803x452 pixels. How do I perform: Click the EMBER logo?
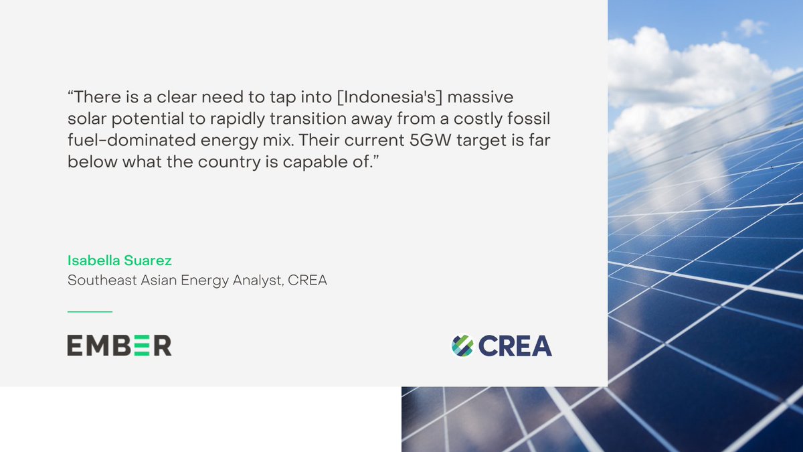coord(119,345)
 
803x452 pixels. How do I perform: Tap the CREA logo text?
coord(515,346)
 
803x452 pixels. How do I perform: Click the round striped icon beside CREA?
coord(462,346)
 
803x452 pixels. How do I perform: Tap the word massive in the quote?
coord(479,97)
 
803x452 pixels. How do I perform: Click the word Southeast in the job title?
coord(102,281)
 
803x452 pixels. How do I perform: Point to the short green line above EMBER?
coord(90,311)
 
